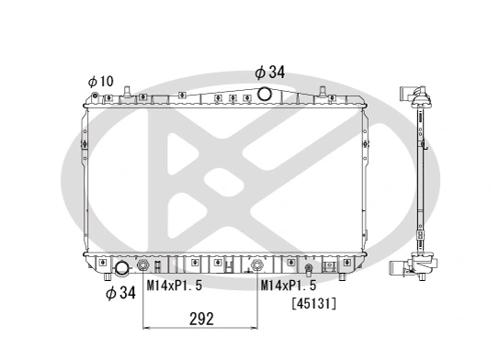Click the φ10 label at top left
click(100, 82)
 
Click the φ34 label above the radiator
click(271, 72)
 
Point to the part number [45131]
click(312, 302)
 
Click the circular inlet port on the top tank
click(265, 94)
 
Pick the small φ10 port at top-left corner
click(127, 93)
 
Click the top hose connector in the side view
click(415, 96)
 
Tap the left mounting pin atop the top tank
click(127, 91)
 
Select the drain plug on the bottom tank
click(308, 269)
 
